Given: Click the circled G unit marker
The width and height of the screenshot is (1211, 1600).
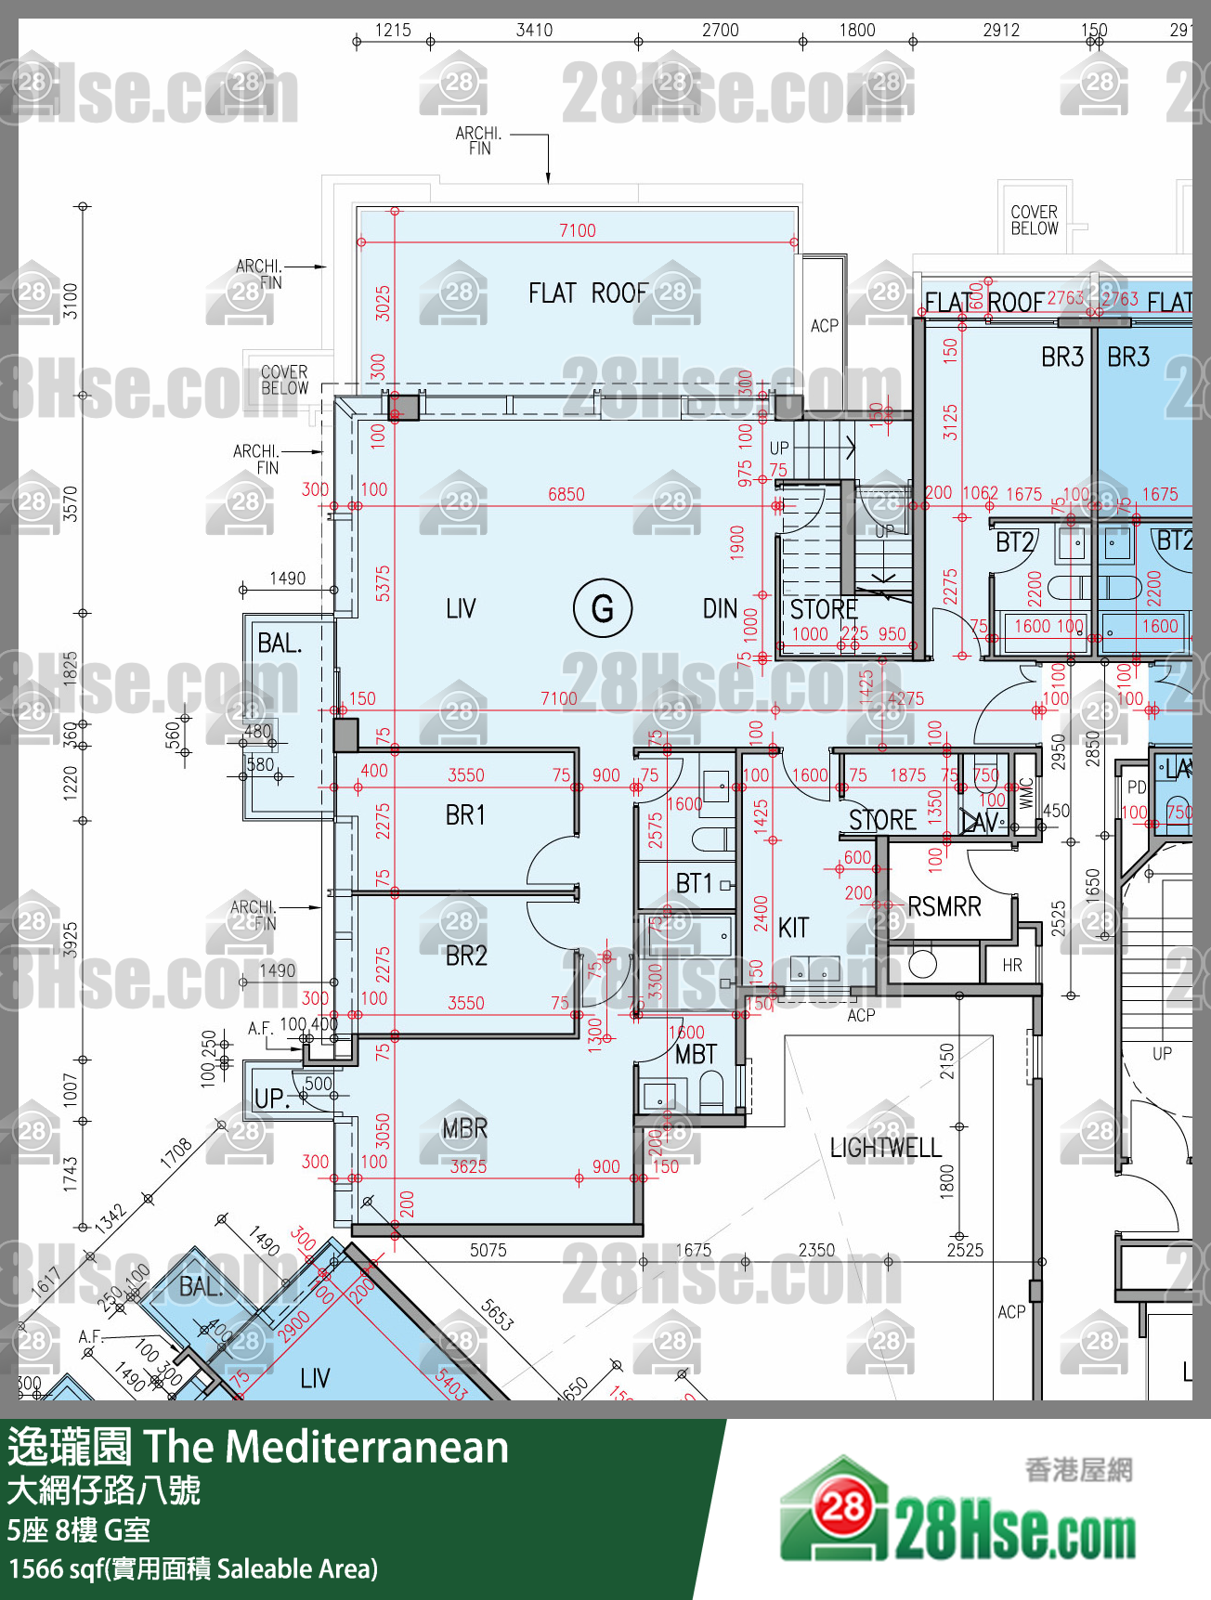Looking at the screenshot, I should (x=603, y=608).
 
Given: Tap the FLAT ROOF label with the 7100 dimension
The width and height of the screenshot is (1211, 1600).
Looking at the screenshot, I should (x=588, y=293).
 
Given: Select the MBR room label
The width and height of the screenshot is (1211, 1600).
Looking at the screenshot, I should (x=464, y=1128).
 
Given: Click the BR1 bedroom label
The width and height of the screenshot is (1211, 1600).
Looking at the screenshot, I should (x=465, y=814).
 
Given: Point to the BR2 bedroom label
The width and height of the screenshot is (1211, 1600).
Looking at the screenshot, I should (x=466, y=956).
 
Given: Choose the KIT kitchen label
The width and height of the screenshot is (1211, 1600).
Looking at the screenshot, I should (x=793, y=928).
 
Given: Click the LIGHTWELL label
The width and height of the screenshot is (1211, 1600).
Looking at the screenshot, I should (x=885, y=1148).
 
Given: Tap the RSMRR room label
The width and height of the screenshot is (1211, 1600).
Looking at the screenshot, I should (x=944, y=906).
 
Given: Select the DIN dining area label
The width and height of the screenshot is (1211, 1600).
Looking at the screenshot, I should (x=720, y=609).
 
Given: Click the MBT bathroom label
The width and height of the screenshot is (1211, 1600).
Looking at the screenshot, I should (x=696, y=1054).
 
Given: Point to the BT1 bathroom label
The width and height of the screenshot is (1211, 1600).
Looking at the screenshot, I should (x=694, y=883).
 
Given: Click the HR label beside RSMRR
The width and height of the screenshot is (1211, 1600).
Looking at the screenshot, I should (x=1012, y=966).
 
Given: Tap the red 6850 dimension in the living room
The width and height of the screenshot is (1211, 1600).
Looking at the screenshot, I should (x=566, y=494).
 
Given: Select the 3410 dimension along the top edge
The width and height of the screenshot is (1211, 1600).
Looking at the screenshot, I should (x=534, y=30).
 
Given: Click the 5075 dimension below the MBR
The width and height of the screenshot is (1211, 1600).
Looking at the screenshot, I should (x=488, y=1250).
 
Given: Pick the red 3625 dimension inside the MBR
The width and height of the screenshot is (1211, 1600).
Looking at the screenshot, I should (x=468, y=1166).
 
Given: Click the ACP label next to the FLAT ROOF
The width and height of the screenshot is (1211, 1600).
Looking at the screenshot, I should (x=824, y=326).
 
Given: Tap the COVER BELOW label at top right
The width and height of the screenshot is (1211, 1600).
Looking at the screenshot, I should (x=1034, y=220).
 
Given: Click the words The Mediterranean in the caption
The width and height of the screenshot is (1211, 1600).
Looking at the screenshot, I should (x=325, y=1447).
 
